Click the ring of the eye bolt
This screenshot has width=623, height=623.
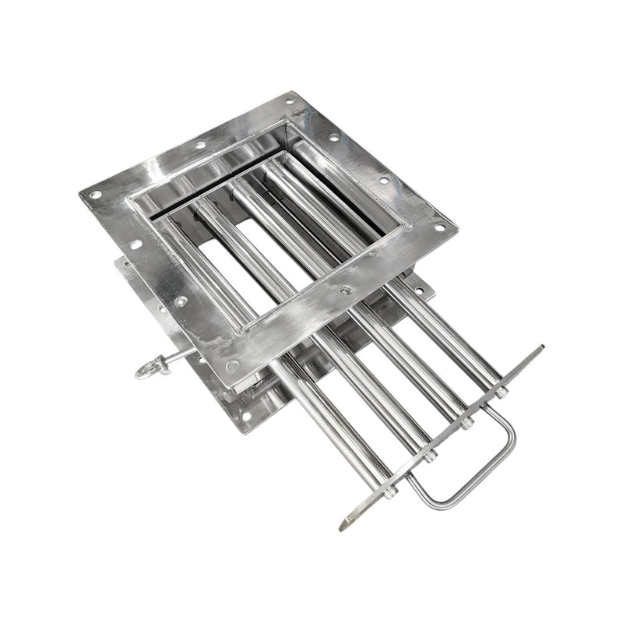click(146, 368)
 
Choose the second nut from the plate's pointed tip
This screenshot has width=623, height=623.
click(431, 456)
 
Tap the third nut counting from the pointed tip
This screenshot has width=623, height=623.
click(467, 424)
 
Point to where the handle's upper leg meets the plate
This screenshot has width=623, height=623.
click(487, 406)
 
